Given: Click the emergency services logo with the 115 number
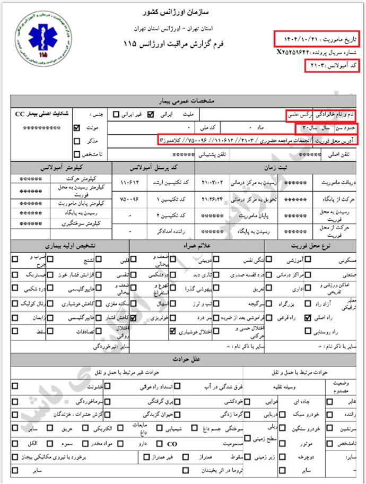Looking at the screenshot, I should (38, 37).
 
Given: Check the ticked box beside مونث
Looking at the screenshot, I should (77, 128).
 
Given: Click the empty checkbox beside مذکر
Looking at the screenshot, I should (77, 141).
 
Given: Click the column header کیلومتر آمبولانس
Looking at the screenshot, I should (63, 167).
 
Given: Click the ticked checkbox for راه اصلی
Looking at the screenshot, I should (307, 318).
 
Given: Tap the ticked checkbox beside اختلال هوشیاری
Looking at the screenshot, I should (172, 332).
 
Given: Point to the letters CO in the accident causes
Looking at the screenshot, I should (172, 443).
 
